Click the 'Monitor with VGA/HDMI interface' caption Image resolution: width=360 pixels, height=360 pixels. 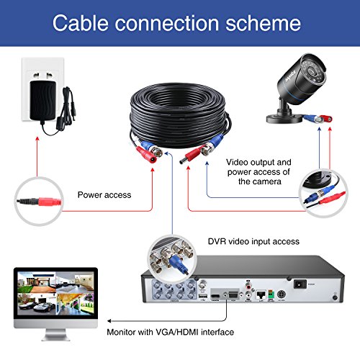point(170,332)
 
